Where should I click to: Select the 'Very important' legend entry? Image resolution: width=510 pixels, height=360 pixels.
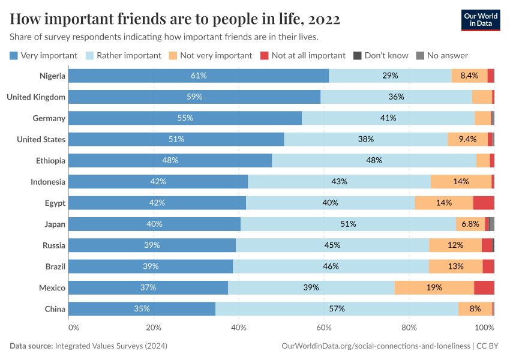44,55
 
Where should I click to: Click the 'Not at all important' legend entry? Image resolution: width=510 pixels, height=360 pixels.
303,55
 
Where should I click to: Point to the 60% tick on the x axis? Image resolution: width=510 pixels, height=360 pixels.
324,328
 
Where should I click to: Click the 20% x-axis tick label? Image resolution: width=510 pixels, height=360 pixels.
154,328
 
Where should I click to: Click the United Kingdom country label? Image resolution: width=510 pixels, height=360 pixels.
35,97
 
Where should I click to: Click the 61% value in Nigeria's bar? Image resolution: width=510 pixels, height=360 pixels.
199,76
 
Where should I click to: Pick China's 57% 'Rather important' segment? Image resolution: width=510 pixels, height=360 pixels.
337,308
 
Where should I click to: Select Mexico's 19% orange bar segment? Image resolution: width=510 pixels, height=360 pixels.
434,287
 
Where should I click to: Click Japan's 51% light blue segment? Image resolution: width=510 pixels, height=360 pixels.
348,224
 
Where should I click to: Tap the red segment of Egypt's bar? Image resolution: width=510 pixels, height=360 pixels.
484,203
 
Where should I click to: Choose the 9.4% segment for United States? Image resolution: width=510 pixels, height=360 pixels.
467,139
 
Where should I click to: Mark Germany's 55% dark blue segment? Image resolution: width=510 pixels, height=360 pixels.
185,118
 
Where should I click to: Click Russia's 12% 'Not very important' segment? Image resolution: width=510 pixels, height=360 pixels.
455,245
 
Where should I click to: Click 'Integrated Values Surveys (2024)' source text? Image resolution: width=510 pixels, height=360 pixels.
111,346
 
